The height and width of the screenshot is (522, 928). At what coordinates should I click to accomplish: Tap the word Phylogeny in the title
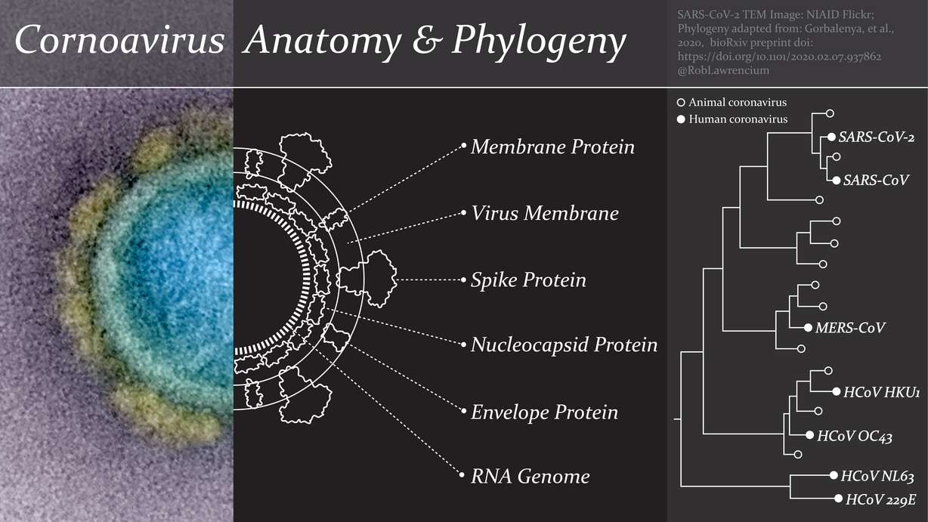pos(538,42)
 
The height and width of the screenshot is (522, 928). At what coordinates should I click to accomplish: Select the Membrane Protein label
pos(552,147)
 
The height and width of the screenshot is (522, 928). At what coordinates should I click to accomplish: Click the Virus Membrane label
pos(544,214)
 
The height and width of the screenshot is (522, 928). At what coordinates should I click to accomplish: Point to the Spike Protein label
pos(528,280)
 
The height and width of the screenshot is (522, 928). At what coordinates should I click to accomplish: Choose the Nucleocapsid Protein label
pos(564,346)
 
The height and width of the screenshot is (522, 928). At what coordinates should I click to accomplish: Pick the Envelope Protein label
pos(544,412)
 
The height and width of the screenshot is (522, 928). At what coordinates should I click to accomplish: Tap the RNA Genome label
pos(530,477)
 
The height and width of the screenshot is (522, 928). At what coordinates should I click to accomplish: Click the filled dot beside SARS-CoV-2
pos(831,137)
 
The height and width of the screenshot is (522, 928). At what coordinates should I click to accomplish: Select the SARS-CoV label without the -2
pos(876,181)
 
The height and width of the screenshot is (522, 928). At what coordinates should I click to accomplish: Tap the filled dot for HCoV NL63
pos(833,477)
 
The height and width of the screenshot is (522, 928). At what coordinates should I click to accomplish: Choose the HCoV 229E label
pos(881,499)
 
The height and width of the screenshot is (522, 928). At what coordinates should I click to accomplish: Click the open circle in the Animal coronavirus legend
pos(681,103)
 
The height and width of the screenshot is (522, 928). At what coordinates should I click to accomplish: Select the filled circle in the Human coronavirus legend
pos(681,119)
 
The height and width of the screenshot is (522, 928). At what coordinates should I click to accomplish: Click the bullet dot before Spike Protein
pos(462,280)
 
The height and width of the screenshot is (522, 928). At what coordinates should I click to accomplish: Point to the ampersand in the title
pos(428,42)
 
